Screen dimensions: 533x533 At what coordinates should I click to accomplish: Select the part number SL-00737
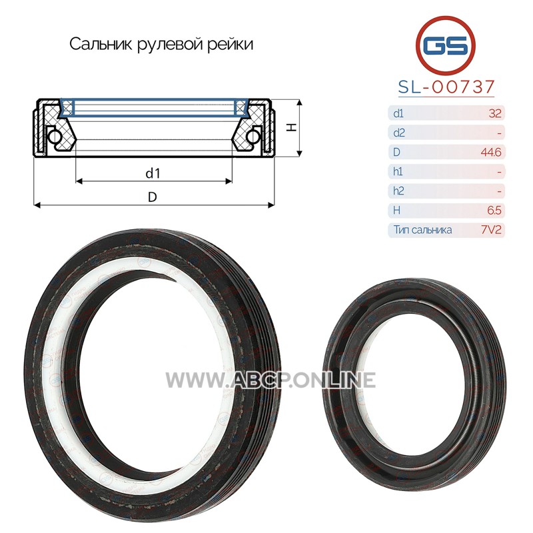pyautogui.click(x=446, y=87)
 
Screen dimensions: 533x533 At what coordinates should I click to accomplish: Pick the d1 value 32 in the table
pyautogui.click(x=495, y=113)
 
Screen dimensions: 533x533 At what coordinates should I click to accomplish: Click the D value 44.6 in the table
pyautogui.click(x=491, y=152)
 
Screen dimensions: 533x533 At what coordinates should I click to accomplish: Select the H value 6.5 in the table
pyautogui.click(x=494, y=211)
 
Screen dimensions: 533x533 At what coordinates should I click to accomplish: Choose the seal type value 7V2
pyautogui.click(x=491, y=230)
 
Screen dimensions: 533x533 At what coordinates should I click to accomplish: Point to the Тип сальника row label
pyautogui.click(x=422, y=230)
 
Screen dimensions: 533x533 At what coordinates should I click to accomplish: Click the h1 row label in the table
pyautogui.click(x=398, y=172)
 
